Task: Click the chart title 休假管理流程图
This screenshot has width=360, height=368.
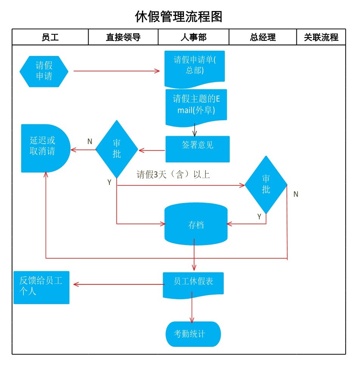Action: tap(179, 17)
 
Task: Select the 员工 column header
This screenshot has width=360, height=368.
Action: tap(50, 37)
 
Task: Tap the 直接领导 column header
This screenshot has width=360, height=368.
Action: tap(123, 37)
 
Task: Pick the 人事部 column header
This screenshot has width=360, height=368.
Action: tap(193, 37)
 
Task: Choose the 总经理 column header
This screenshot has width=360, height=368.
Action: tap(263, 37)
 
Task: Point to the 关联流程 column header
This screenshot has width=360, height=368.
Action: tap(321, 37)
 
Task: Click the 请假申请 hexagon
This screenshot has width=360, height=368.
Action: tap(44, 71)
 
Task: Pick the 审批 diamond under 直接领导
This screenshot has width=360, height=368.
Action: tap(117, 149)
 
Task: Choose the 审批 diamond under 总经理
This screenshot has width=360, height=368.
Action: tap(266, 185)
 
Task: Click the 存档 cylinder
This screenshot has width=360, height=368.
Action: tap(196, 225)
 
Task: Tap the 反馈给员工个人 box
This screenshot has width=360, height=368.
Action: tap(42, 287)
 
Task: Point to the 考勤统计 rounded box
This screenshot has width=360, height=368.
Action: tap(193, 334)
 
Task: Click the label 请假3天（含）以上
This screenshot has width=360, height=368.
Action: tap(173, 175)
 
